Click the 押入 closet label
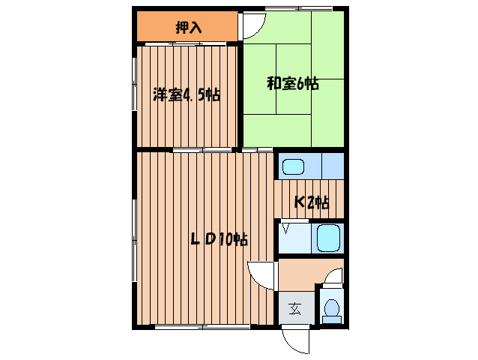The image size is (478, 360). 188,28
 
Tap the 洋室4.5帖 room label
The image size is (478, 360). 187,95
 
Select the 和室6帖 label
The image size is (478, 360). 293,84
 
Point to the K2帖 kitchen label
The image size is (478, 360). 310,202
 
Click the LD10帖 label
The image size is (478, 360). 218,240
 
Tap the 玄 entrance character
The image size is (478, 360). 295,308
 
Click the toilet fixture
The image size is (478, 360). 331,308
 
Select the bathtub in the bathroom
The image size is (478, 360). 328,239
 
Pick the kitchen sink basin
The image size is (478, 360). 294,166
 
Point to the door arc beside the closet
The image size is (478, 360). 252,28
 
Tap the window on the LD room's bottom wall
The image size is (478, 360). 203,328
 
